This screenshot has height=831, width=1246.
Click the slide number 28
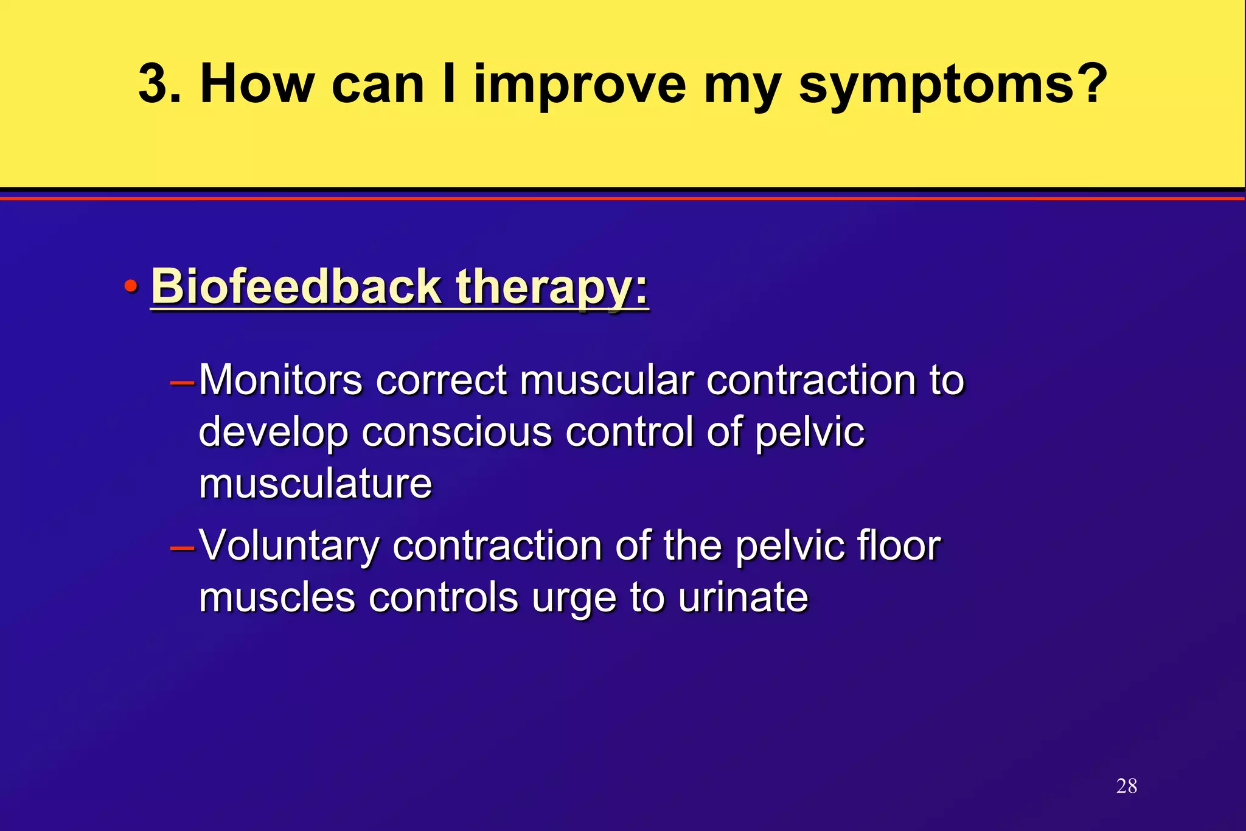1126,786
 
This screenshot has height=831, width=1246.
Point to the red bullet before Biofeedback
130,286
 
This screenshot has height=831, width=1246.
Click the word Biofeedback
296,286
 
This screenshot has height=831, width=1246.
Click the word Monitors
280,380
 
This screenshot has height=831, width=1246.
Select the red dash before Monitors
182,383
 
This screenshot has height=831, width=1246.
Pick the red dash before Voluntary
182,548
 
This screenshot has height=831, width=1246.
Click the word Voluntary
289,546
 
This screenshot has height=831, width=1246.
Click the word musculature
315,484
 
